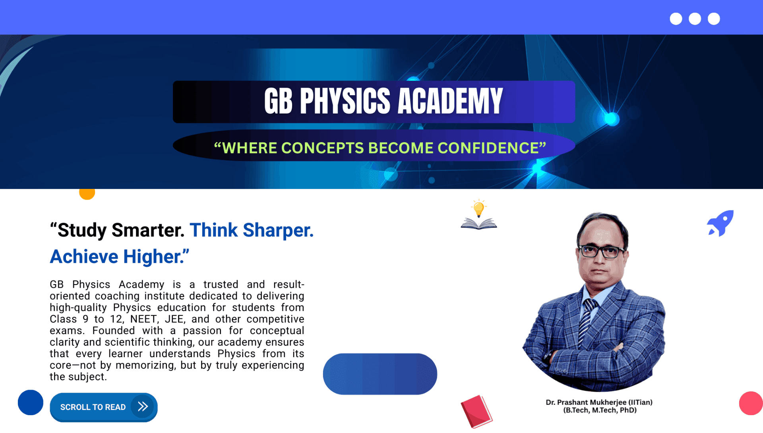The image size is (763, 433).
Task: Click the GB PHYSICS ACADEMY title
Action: pos(383,101)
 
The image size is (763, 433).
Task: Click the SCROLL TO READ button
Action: pos(104,407)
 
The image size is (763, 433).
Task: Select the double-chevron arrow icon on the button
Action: pos(143,406)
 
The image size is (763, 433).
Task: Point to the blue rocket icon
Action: pos(720,223)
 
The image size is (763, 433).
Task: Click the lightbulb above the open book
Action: pos(479,208)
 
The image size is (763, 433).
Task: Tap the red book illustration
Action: pos(476,412)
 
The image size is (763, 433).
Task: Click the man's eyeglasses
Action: pos(601,251)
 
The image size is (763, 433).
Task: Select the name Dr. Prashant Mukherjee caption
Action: pos(599,402)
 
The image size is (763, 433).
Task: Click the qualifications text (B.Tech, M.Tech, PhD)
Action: pos(600,410)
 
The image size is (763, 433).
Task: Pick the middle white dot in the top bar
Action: pos(695,19)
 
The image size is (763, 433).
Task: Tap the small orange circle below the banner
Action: pos(87,193)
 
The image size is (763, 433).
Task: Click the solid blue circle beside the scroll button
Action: pos(31,402)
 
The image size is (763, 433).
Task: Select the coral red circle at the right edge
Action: pos(751,403)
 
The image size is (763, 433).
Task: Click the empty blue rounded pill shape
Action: pos(380,374)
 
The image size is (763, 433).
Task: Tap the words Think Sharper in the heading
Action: pos(252,230)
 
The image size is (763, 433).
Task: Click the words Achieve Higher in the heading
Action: pos(119,257)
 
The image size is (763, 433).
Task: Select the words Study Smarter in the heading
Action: pos(117,230)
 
